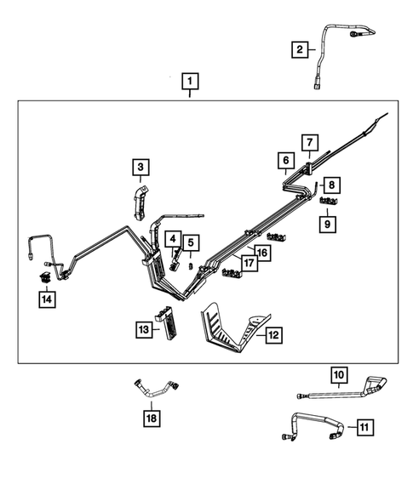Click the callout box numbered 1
pyautogui.click(x=190, y=82)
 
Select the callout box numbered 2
pyautogui.click(x=299, y=50)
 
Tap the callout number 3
pyautogui.click(x=140, y=168)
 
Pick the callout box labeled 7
pyautogui.click(x=309, y=142)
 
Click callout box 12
pyautogui.click(x=273, y=336)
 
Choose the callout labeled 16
pyautogui.click(x=262, y=252)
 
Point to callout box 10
pyautogui.click(x=339, y=373)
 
